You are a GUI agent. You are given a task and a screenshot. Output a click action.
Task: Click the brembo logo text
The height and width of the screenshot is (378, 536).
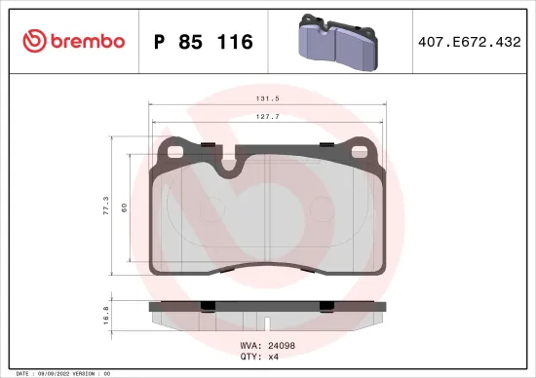pos(89,41)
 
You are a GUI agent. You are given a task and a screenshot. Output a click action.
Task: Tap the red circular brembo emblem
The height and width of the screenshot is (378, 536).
pos(35,41)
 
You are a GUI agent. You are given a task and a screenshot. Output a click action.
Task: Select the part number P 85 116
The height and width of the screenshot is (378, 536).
pos(204,42)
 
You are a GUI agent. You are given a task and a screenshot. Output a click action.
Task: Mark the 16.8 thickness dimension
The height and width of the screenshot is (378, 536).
pos(105,317)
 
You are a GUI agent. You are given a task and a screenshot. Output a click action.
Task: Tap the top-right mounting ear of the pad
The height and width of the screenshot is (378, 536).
pos(363,150)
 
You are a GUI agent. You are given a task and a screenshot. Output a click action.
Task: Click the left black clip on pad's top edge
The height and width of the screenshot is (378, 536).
pos(207,146)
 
